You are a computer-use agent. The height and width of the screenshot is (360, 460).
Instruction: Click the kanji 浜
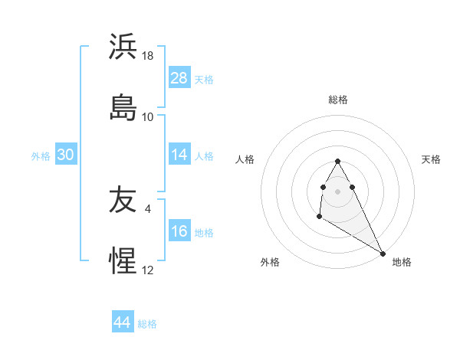(123, 47)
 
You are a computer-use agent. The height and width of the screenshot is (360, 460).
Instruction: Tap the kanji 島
(123, 107)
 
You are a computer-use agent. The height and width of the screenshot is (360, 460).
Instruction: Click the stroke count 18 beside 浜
(149, 56)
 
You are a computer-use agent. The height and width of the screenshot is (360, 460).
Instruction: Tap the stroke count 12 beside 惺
(148, 270)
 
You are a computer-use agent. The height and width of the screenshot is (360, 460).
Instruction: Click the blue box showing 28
(179, 78)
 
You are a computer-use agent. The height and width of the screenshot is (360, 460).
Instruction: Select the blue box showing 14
(179, 155)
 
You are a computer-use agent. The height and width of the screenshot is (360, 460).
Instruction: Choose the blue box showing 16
(179, 231)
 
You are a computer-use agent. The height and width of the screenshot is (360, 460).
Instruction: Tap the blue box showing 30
(66, 155)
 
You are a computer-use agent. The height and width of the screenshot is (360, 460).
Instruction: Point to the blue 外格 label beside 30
(41, 156)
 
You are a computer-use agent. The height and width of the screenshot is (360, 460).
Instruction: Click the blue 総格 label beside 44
(147, 324)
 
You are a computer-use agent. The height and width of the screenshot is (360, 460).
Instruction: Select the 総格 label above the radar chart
(338, 100)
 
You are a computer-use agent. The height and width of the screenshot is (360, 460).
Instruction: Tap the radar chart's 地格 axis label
(402, 262)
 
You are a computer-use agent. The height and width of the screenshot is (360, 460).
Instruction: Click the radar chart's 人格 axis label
(246, 159)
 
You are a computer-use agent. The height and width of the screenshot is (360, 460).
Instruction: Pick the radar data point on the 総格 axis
(337, 161)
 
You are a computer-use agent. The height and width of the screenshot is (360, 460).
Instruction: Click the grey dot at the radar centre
(337, 191)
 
